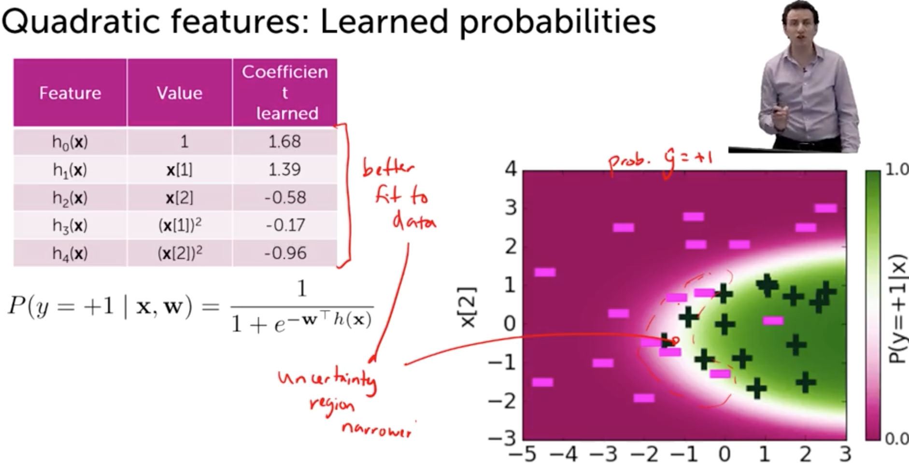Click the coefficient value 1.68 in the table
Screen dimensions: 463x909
pyautogui.click(x=284, y=142)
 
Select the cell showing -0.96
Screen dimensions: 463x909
pyautogui.click(x=285, y=253)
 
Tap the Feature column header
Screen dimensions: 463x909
pyautogui.click(x=70, y=93)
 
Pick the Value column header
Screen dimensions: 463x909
pyautogui.click(x=179, y=93)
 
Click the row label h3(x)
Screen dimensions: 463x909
pyautogui.click(x=70, y=225)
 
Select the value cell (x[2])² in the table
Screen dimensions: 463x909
pyautogui.click(x=180, y=253)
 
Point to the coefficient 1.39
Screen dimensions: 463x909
pyautogui.click(x=284, y=170)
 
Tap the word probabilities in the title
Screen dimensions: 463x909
pyautogui.click(x=557, y=23)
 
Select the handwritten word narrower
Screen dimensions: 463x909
pyautogui.click(x=376, y=429)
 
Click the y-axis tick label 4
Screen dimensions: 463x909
pyautogui.click(x=511, y=169)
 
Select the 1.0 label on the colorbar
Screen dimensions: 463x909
pyautogui.click(x=896, y=169)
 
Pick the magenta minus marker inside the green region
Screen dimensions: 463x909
pyautogui.click(x=773, y=320)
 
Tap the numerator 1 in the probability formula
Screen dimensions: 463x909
pyautogui.click(x=302, y=289)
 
